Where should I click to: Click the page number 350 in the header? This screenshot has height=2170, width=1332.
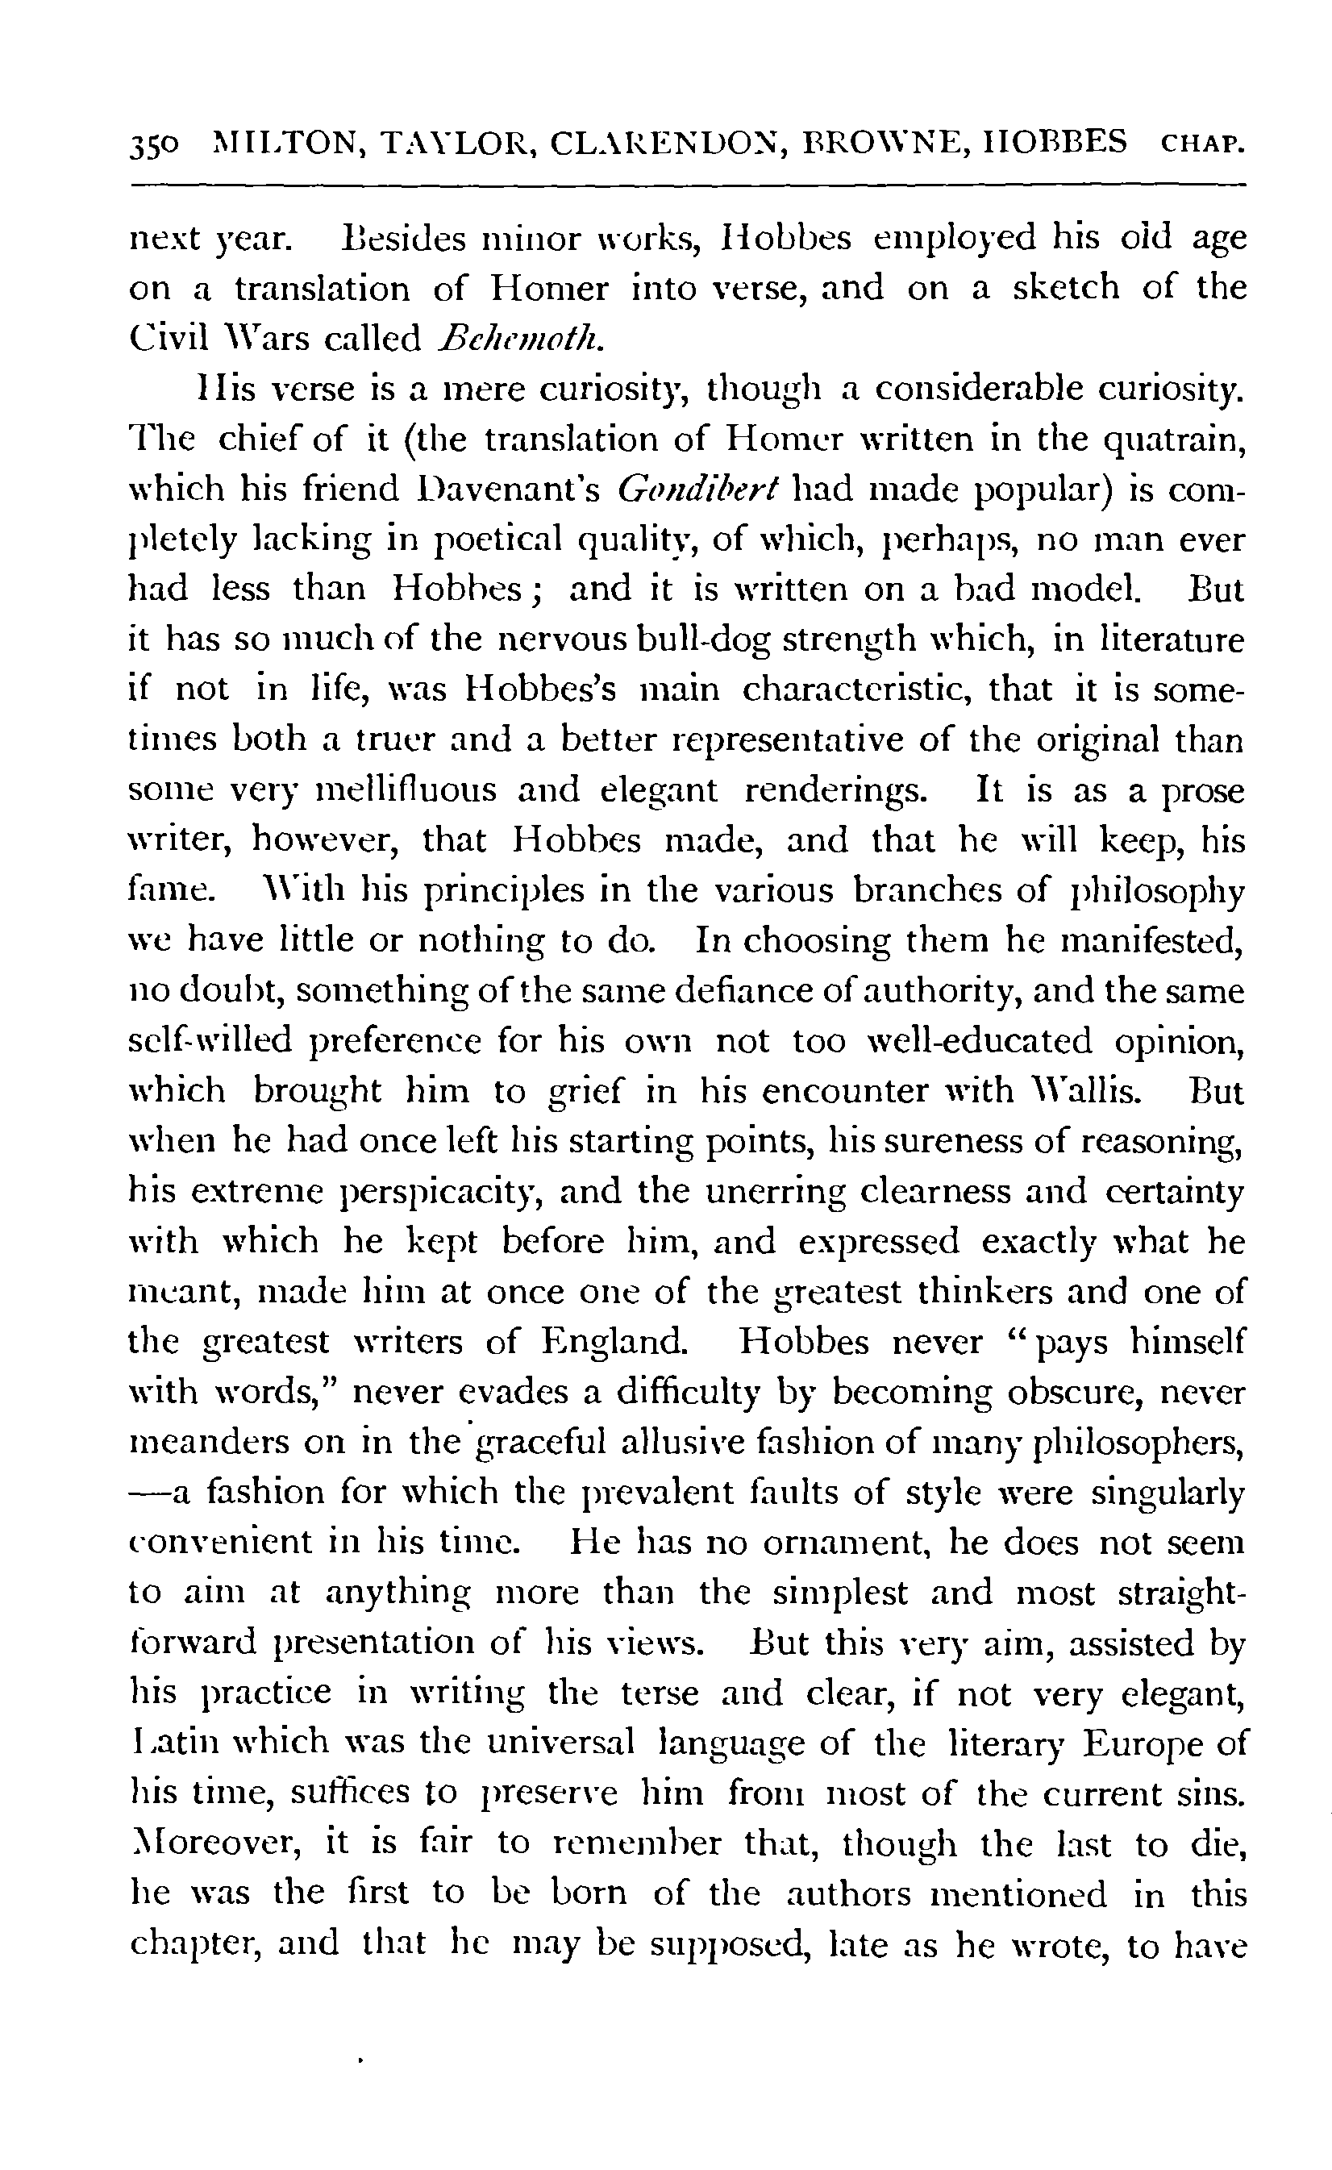pos(154,144)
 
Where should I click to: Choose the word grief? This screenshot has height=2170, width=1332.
pos(585,1093)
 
